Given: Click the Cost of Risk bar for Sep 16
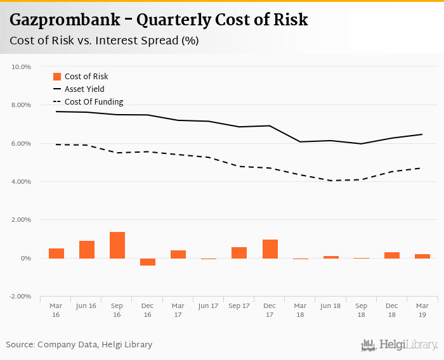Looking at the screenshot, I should pos(117,245).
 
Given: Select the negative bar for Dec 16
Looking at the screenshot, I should pos(148,262).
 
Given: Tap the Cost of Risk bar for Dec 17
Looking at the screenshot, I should pos(270,249).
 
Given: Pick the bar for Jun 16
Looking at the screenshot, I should pos(87,250).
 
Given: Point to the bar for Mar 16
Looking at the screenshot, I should pos(56,254).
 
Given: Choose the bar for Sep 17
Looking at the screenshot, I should pos(239,253).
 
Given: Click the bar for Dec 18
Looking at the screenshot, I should pos(392,255).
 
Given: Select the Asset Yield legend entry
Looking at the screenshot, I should pos(84,89).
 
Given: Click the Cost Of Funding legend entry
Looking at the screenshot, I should pos(94,102).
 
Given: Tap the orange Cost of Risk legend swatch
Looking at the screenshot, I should pos(56,77).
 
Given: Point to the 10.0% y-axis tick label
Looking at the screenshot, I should pos(22,67).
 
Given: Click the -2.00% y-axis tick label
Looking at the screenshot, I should pos(20,297).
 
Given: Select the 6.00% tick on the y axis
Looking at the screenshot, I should pos(21,143).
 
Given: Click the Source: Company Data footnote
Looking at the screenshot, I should pos(79,345).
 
